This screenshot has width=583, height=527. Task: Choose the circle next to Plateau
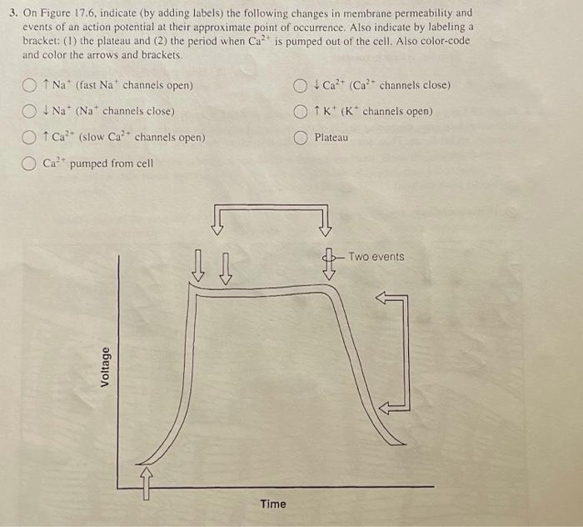[300, 138]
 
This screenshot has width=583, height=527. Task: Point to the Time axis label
[272, 504]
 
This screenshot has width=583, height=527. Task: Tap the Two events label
[376, 257]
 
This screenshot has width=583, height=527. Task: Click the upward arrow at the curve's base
[147, 481]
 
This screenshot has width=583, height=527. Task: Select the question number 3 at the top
[8, 13]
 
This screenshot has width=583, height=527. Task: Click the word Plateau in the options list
[331, 138]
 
